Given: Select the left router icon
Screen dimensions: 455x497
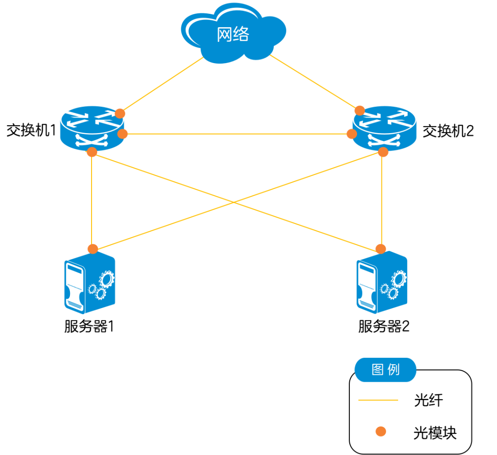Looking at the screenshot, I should (x=92, y=128).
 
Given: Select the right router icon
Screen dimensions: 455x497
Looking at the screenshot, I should (x=384, y=128).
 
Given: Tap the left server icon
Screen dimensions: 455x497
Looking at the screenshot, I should (x=90, y=283).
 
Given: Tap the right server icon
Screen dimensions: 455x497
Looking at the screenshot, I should (x=382, y=283).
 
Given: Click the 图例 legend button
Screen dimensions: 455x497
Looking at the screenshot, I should (x=385, y=370).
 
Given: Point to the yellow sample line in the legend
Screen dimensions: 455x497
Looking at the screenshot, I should (x=378, y=400).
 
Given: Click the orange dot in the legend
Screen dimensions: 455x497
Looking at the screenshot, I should (x=381, y=431).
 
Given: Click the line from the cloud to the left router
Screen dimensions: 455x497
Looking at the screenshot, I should (x=161, y=85).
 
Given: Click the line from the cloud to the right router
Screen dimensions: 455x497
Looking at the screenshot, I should (x=313, y=82).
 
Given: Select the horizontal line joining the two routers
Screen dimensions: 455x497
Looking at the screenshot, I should (x=237, y=134).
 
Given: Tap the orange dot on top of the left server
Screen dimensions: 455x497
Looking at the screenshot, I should (x=93, y=249).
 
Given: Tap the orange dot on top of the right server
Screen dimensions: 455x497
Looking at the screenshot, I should (x=381, y=249).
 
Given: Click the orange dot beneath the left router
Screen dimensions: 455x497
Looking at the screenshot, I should (x=92, y=152).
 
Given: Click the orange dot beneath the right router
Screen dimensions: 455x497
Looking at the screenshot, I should (x=383, y=152).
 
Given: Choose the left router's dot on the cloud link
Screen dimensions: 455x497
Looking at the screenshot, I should (x=120, y=113).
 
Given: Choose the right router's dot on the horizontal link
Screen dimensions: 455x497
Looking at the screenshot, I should (x=352, y=134).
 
